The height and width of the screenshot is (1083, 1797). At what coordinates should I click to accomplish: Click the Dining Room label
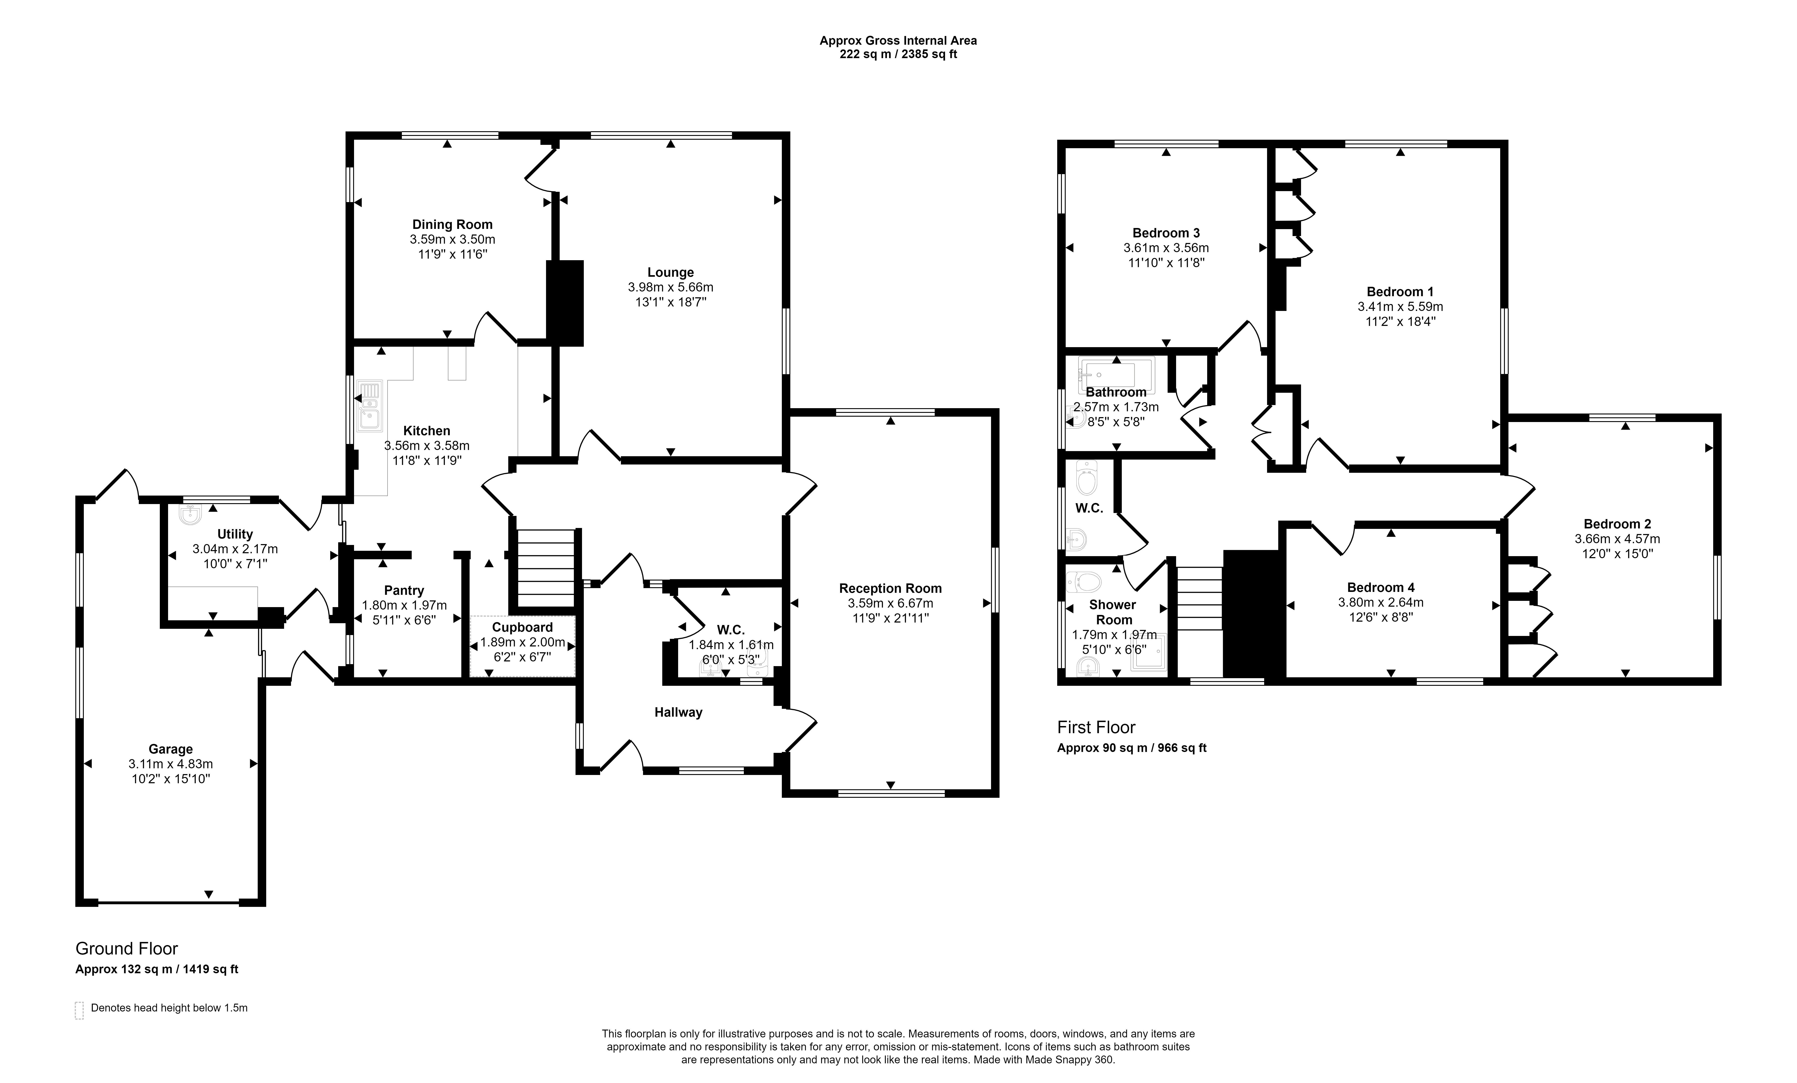click(x=452, y=225)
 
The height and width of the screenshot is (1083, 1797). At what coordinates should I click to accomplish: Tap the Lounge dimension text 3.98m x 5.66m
click(x=670, y=287)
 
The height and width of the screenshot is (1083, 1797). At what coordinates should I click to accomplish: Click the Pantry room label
click(x=404, y=591)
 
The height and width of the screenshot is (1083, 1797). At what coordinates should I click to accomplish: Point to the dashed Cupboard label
click(x=522, y=627)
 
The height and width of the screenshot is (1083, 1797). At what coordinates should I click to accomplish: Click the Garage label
click(x=171, y=749)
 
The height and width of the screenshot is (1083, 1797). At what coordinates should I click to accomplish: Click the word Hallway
click(x=677, y=713)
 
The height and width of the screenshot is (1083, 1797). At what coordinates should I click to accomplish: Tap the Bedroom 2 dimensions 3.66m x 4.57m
click(x=1617, y=539)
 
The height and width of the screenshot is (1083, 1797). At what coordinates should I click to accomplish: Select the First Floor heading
click(x=1096, y=727)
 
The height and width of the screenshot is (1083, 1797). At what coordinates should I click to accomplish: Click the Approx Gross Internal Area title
click(x=898, y=41)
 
